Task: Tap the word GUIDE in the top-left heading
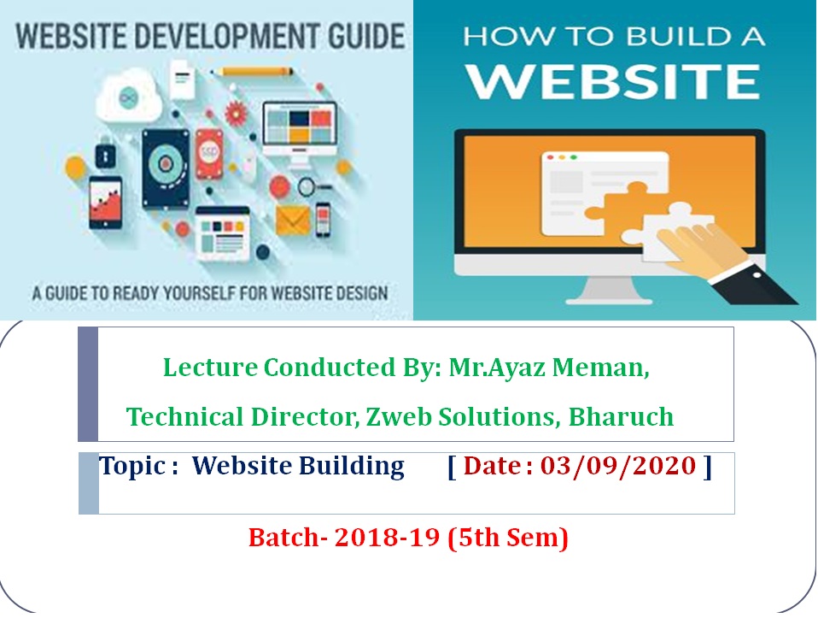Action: click(366, 37)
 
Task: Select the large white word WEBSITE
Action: click(613, 81)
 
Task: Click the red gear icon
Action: click(236, 112)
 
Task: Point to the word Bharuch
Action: click(621, 417)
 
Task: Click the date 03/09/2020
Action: click(617, 466)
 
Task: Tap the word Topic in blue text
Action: click(132, 466)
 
